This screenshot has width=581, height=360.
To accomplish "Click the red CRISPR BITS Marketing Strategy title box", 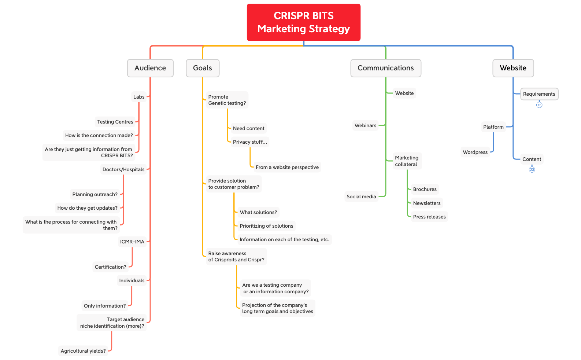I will (303, 22).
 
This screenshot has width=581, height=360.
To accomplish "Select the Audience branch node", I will (150, 68).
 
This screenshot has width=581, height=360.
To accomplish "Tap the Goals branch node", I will (203, 68).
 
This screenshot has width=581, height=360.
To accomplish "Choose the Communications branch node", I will (385, 68).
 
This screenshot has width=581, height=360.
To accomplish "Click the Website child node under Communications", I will (404, 93).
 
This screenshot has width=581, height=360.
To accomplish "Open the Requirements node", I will (539, 94).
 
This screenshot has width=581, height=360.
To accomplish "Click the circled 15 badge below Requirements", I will (539, 105).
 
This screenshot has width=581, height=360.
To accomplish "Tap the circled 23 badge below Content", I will (532, 170).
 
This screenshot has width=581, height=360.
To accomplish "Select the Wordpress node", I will (475, 152).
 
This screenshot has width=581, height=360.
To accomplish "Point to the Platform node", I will (493, 127).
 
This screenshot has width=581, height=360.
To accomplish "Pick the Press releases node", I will (429, 217).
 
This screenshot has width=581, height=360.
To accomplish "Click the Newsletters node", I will (427, 203).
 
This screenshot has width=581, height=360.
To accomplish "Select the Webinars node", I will (365, 125).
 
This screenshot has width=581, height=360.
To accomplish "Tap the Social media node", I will (361, 196).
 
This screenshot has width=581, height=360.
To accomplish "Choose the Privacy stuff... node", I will (250, 142).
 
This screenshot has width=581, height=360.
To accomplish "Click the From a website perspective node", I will (287, 167).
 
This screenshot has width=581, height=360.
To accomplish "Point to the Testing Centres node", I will (115, 122).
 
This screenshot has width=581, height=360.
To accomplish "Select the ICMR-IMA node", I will (132, 242).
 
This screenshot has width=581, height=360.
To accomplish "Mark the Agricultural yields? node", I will (83, 351).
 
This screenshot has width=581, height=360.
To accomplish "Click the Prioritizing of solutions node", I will (266, 226).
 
